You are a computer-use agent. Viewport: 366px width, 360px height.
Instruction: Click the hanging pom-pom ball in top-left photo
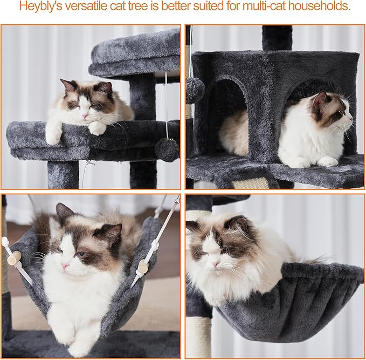167,150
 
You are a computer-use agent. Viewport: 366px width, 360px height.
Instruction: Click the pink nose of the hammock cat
65,266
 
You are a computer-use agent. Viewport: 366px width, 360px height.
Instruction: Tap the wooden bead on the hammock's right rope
143,267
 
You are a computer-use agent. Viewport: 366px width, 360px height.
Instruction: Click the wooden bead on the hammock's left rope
14,258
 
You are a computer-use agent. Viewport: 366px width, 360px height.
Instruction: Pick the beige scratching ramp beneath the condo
251,183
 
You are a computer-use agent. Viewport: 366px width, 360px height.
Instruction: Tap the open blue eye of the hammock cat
81,254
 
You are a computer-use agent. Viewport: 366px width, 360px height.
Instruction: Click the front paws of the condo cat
313,161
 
